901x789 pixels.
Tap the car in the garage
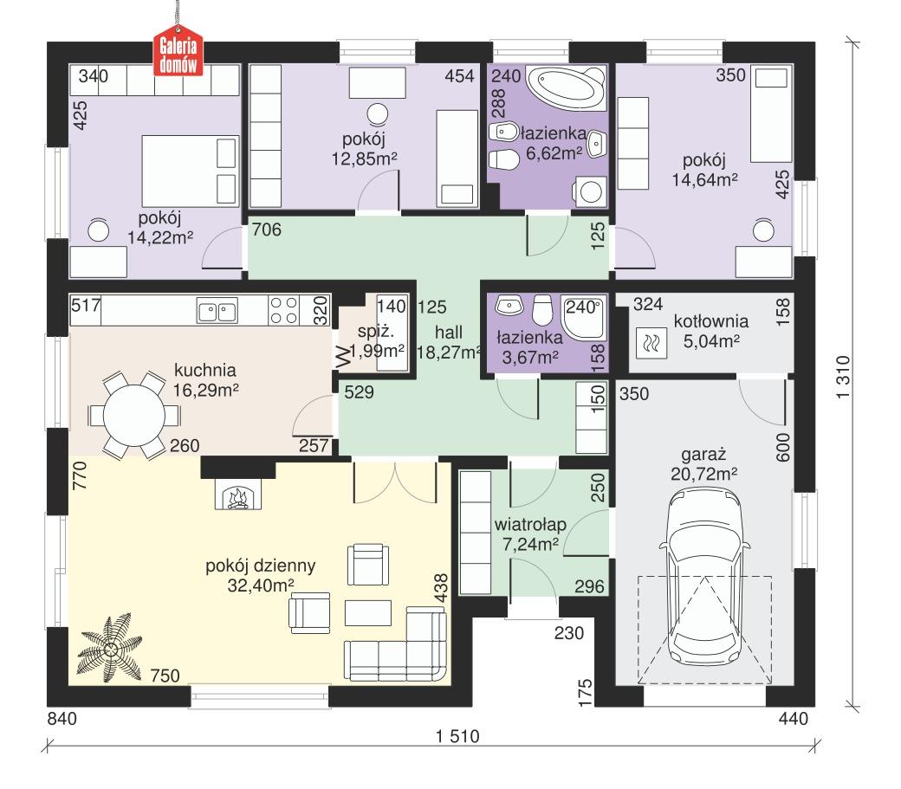pyautogui.click(x=703, y=572)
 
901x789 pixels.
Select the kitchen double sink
pyautogui.click(x=217, y=310)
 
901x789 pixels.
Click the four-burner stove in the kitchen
pyautogui.click(x=283, y=310)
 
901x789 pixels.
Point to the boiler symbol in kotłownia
pyautogui.click(x=650, y=344)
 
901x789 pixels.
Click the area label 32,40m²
pyautogui.click(x=261, y=586)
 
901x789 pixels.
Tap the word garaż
pyautogui.click(x=703, y=454)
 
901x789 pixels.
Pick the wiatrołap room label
pyautogui.click(x=530, y=525)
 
